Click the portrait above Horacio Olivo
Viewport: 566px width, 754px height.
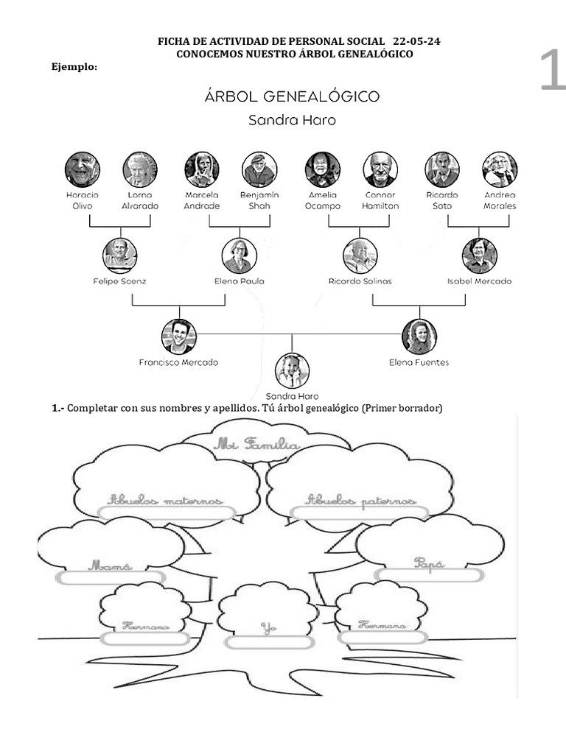pyautogui.click(x=82, y=169)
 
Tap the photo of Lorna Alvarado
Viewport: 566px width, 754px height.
pyautogui.click(x=140, y=169)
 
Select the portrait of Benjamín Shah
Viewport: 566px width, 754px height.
pyautogui.click(x=259, y=169)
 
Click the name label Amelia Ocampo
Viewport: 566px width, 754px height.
pyautogui.click(x=323, y=201)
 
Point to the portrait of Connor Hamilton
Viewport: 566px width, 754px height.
pyautogui.click(x=380, y=169)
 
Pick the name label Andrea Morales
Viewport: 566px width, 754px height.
pyautogui.click(x=500, y=201)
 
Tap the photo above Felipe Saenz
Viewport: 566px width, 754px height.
pyautogui.click(x=120, y=256)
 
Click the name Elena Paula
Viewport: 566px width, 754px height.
pyautogui.click(x=240, y=281)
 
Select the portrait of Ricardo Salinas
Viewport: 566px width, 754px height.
pyautogui.click(x=360, y=256)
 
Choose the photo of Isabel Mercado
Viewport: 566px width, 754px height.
pyautogui.click(x=480, y=256)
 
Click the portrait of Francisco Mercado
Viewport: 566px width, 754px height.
pyautogui.click(x=179, y=337)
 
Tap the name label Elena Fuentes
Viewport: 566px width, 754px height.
pyautogui.click(x=419, y=362)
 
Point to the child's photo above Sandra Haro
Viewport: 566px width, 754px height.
pyautogui.click(x=292, y=370)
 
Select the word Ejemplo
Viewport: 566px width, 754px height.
pyautogui.click(x=74, y=67)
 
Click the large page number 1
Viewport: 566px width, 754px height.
pyautogui.click(x=552, y=71)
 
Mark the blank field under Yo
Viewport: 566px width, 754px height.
pyautogui.click(x=269, y=641)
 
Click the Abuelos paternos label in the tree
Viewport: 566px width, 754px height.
pyautogui.click(x=361, y=501)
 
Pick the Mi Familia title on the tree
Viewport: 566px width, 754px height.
pyautogui.click(x=256, y=445)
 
